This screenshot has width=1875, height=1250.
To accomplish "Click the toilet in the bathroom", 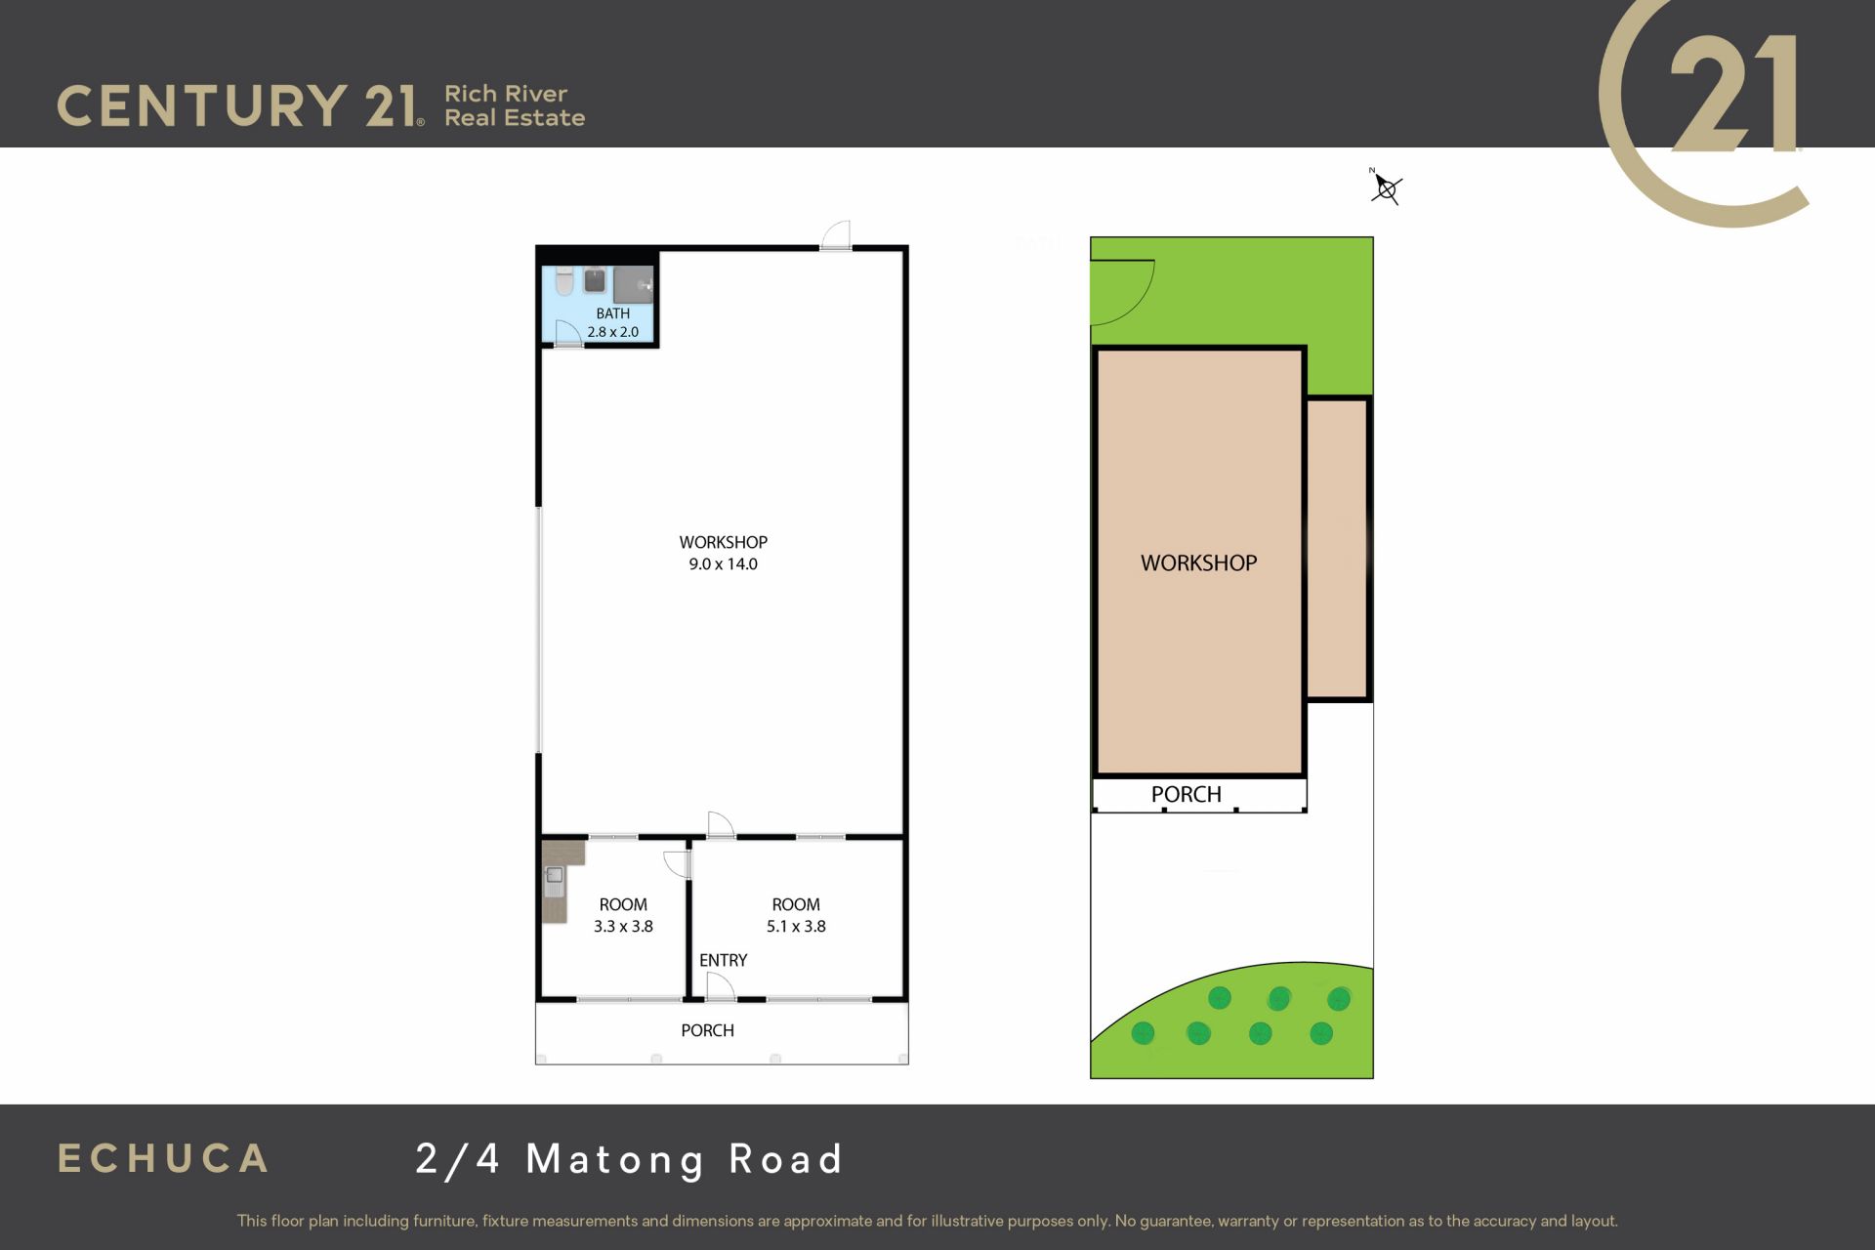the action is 564,281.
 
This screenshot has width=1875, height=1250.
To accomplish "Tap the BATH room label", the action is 613,313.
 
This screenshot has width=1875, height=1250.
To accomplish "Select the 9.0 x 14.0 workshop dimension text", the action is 723,563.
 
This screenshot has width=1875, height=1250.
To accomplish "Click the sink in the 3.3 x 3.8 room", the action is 554,881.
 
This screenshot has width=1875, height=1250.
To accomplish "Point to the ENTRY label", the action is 723,960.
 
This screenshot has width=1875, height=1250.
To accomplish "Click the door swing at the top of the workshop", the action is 835,234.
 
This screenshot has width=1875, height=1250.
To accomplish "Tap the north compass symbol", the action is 1386,187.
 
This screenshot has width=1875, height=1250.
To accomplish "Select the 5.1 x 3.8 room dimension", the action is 796,926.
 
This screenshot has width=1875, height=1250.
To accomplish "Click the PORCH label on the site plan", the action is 1187,794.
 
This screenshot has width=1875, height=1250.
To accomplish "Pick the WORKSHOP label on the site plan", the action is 1198,562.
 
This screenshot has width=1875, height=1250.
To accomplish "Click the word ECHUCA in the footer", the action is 163,1158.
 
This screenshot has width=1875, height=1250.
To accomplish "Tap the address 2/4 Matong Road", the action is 629,1159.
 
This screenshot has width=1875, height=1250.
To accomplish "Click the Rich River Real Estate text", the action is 515,105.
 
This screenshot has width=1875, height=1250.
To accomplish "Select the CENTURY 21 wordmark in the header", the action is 240,105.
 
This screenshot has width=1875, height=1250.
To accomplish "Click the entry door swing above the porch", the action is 721,987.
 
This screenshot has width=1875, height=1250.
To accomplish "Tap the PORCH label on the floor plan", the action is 707,1030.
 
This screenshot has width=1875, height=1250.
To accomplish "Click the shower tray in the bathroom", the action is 633,284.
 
